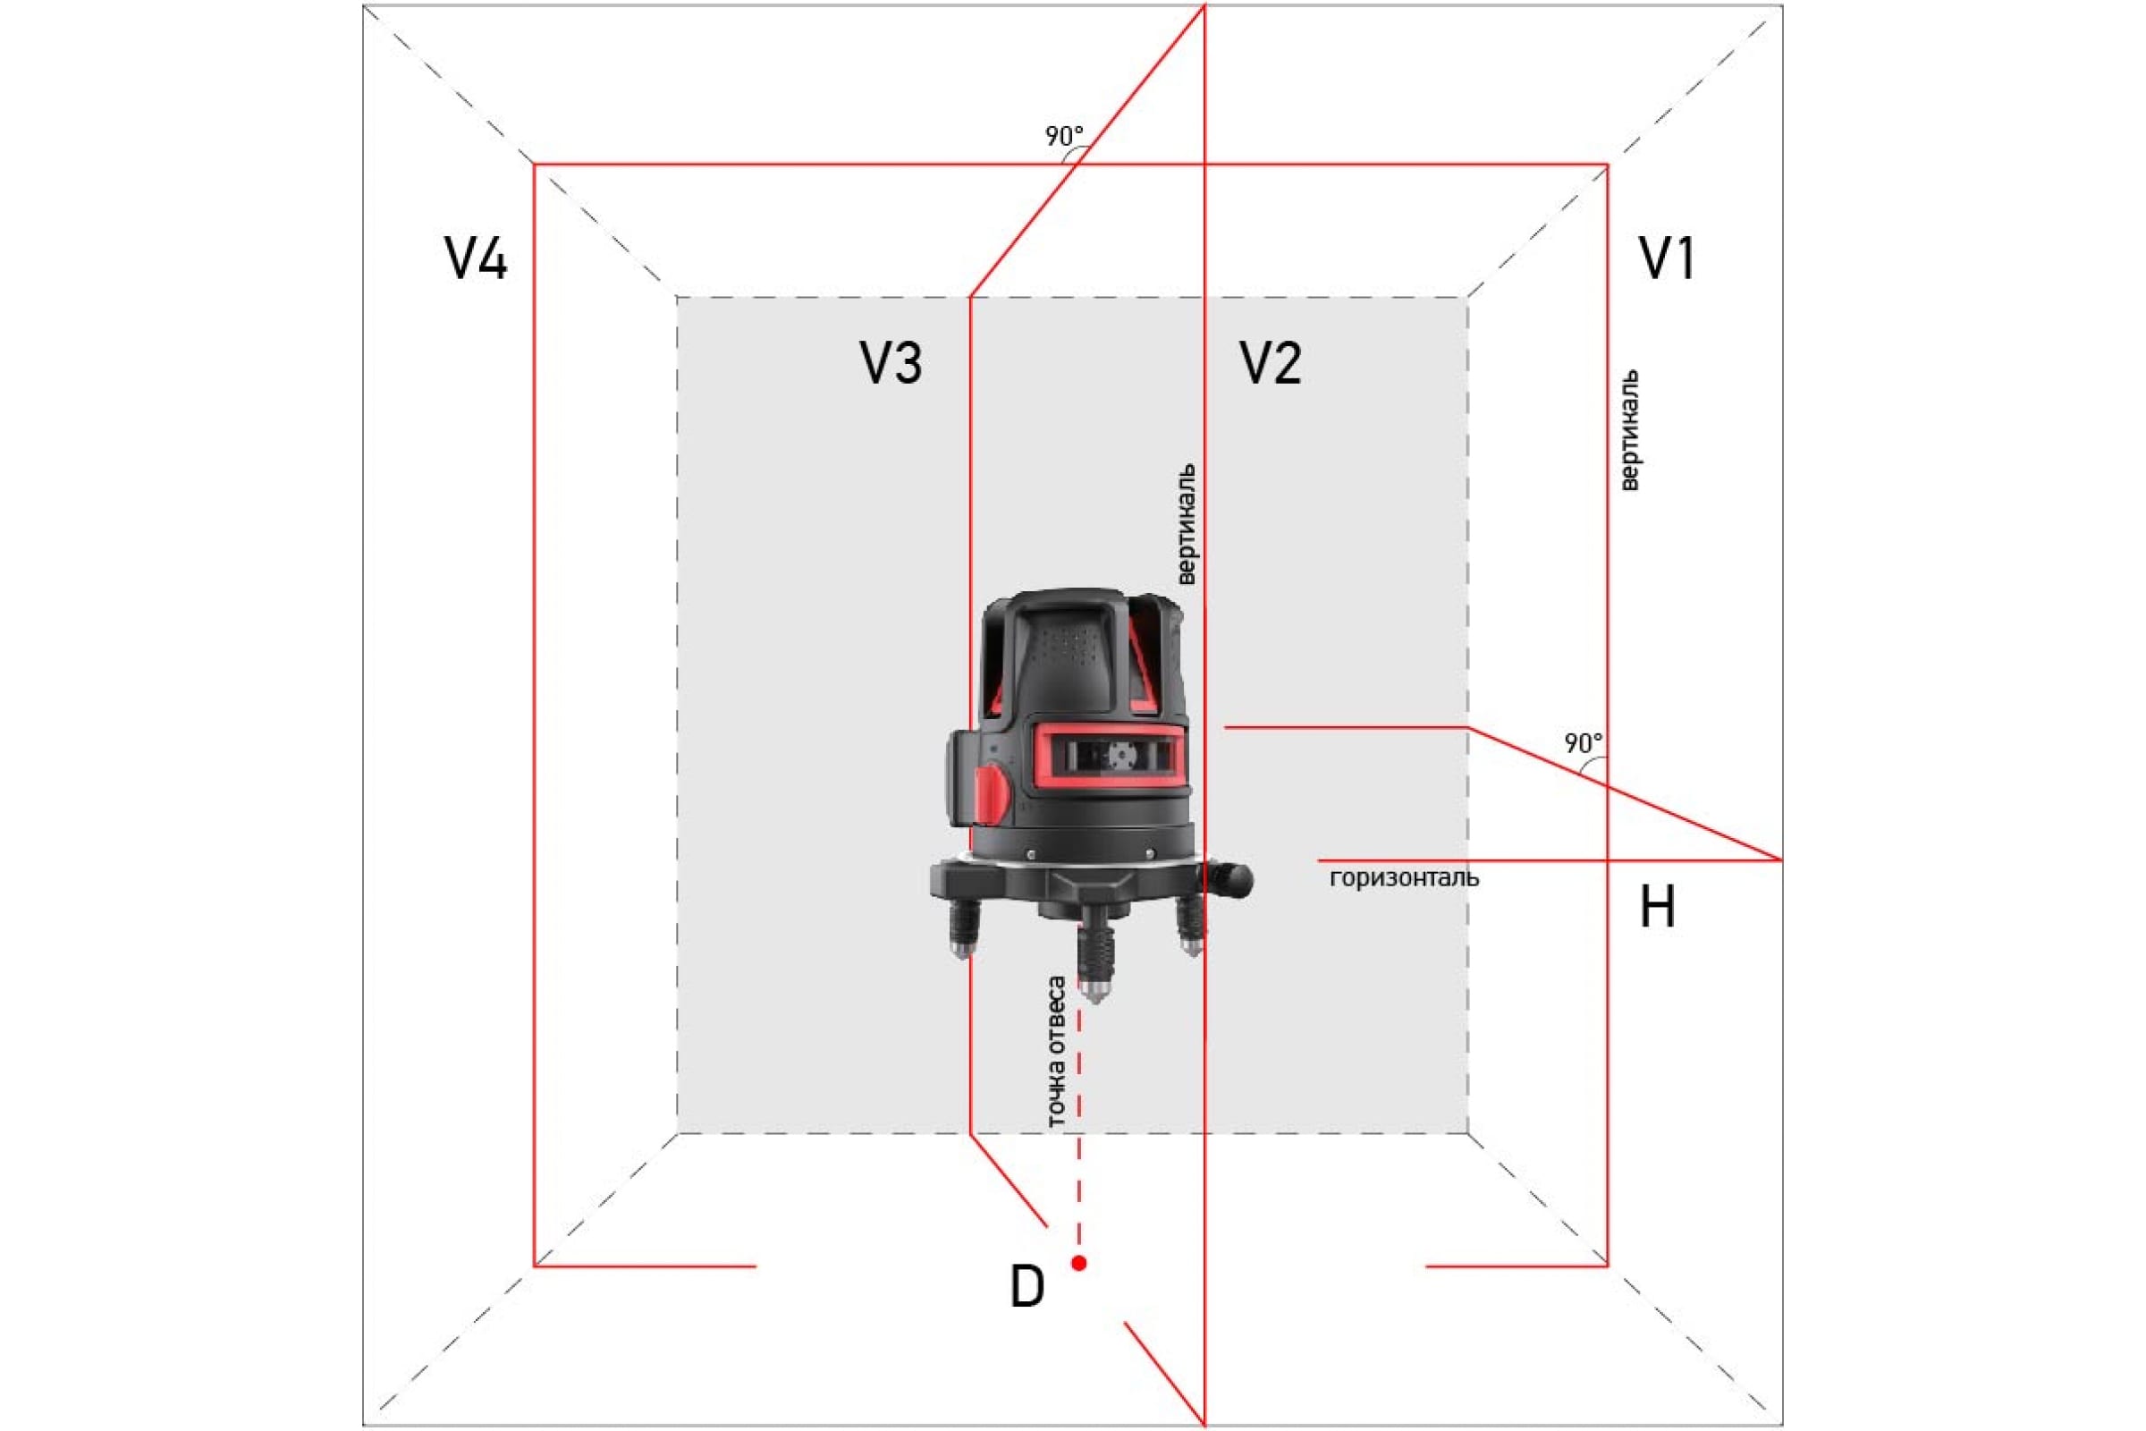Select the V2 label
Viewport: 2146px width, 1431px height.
click(x=1270, y=362)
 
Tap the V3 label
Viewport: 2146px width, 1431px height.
click(x=891, y=362)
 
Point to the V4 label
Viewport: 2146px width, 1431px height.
click(x=476, y=258)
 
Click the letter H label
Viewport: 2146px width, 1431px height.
click(x=1658, y=907)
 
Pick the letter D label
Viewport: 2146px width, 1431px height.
click(x=1027, y=1287)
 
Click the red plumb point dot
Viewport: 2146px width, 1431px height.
click(x=1079, y=1263)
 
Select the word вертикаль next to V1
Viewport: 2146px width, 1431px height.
click(x=1629, y=430)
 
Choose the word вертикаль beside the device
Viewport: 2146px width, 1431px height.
click(x=1186, y=524)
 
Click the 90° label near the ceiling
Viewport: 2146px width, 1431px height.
click(x=1064, y=136)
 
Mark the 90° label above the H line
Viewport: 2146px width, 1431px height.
click(x=1583, y=743)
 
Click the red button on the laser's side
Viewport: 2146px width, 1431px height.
click(x=992, y=793)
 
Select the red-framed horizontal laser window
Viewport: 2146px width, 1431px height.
click(x=1113, y=756)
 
